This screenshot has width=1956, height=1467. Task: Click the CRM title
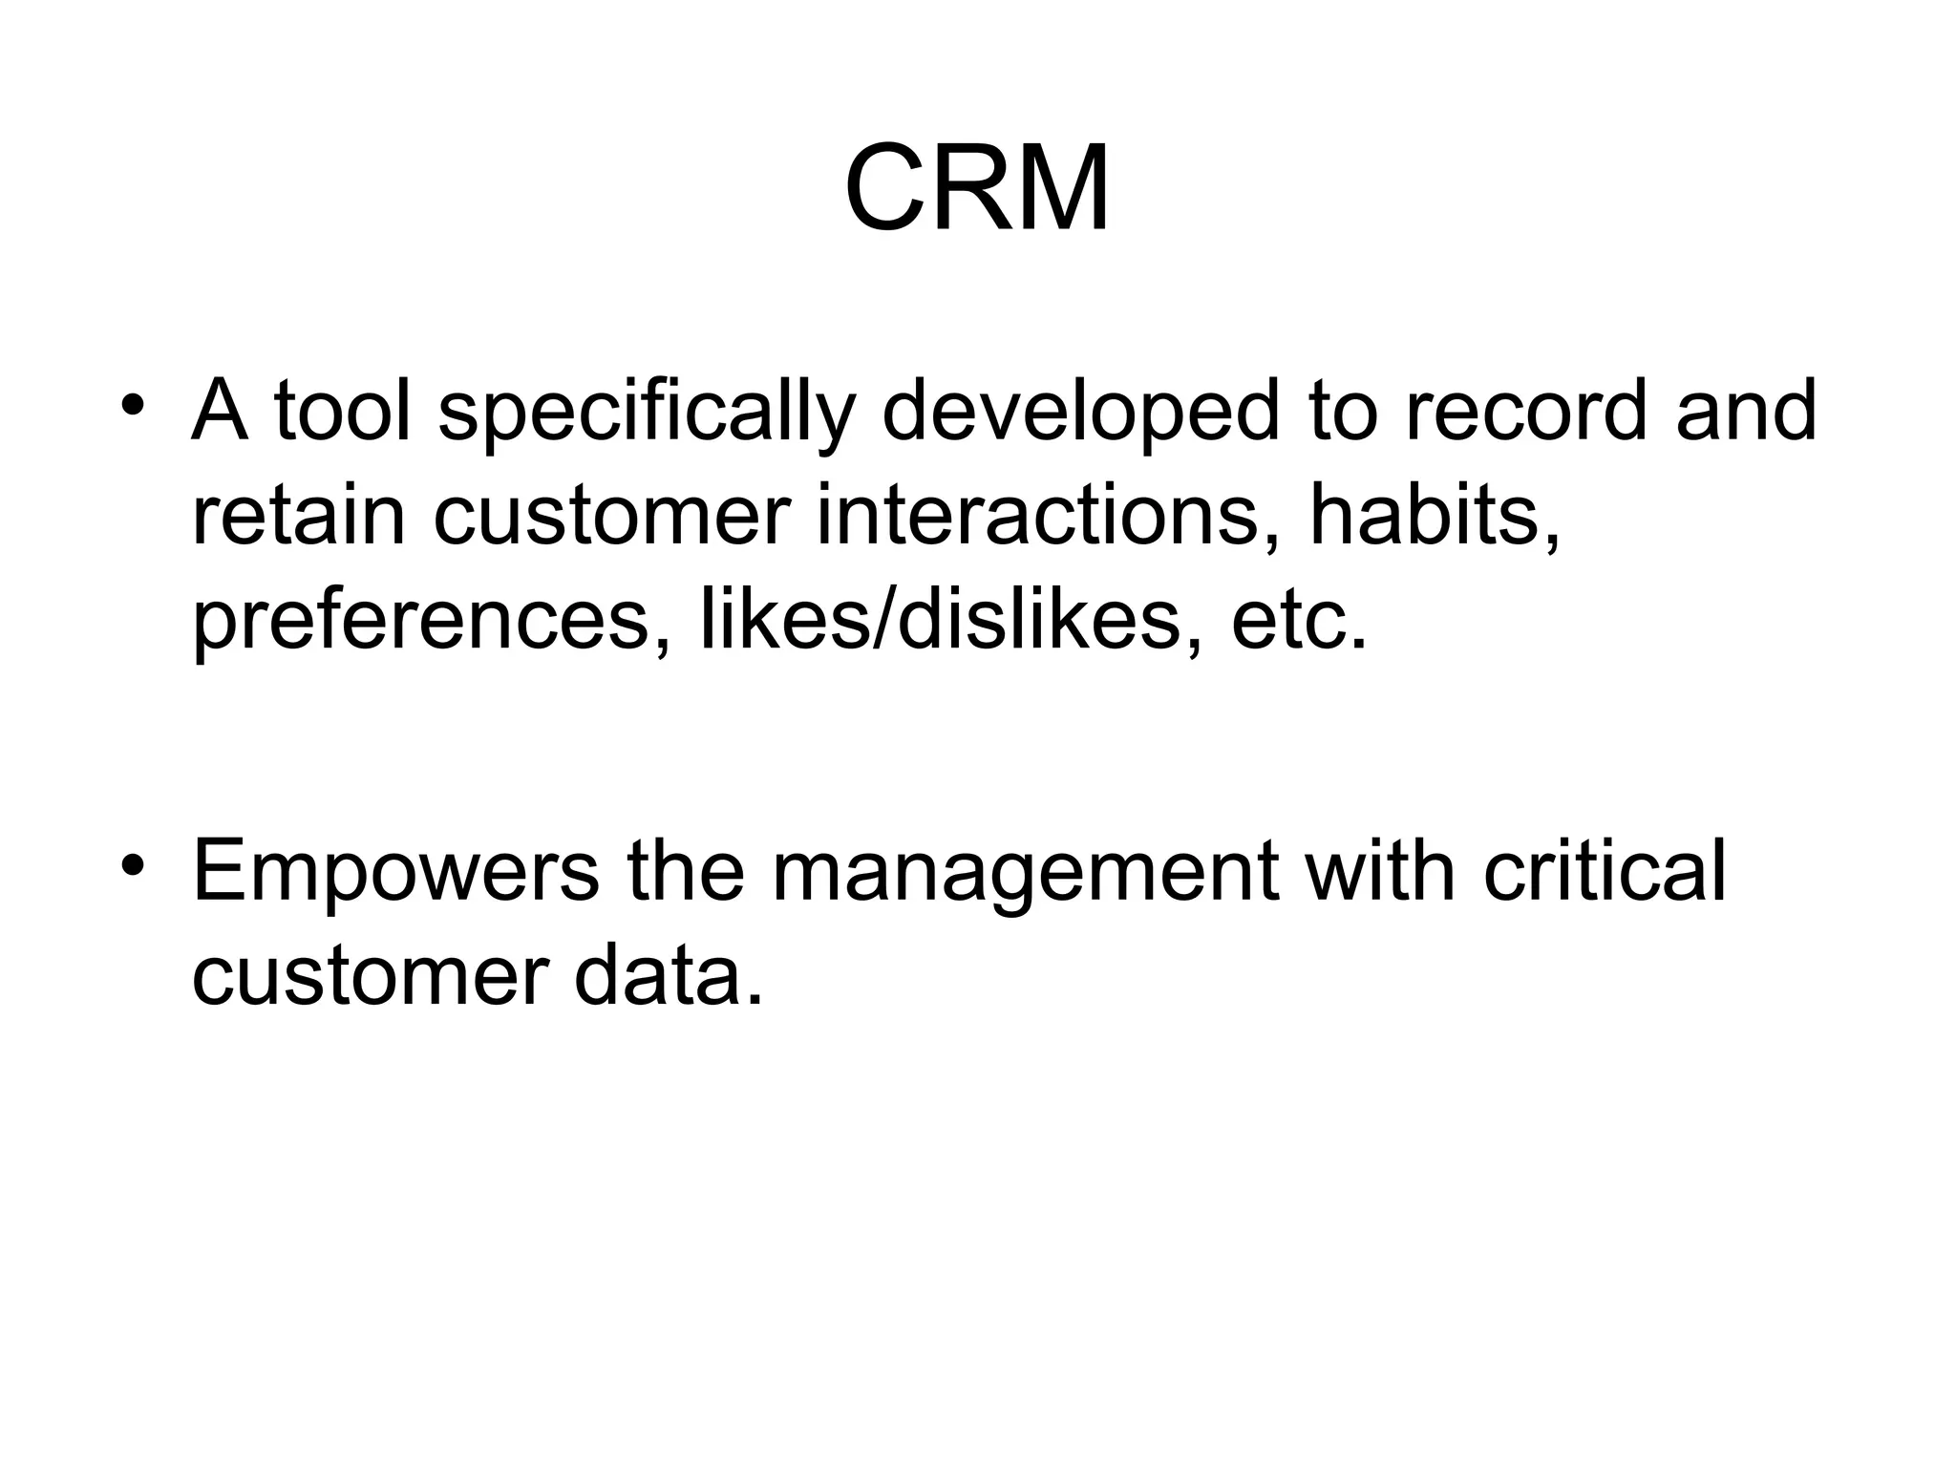[x=977, y=189]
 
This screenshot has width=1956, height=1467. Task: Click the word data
[x=669, y=976]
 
